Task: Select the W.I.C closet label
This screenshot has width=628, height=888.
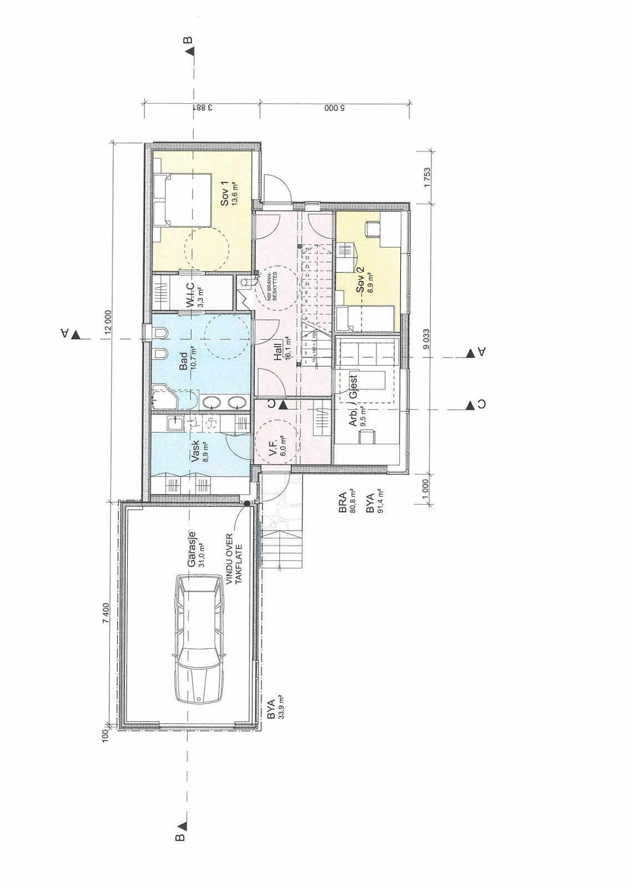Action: pos(192,295)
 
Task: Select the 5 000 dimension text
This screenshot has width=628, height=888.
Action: pos(335,108)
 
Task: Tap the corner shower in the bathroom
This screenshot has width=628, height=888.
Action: pos(164,398)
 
